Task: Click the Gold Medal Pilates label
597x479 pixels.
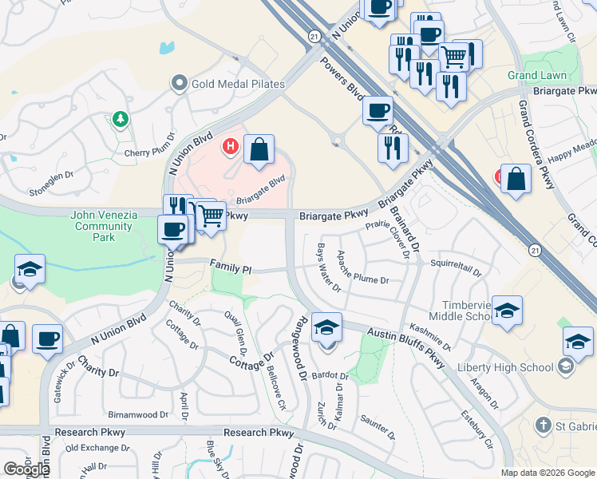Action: coord(238,84)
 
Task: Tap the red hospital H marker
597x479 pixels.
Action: coord(231,146)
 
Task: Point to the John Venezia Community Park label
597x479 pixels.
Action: coord(104,226)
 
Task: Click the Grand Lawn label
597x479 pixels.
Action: coord(537,76)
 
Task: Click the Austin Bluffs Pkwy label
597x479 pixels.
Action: coord(406,345)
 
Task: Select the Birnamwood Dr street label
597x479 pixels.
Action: coord(138,415)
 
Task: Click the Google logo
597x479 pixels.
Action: coord(26,469)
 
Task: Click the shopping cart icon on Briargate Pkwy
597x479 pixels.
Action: coord(210,216)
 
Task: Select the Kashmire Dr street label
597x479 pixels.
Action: coord(431,337)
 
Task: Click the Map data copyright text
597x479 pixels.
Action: coord(548,473)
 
